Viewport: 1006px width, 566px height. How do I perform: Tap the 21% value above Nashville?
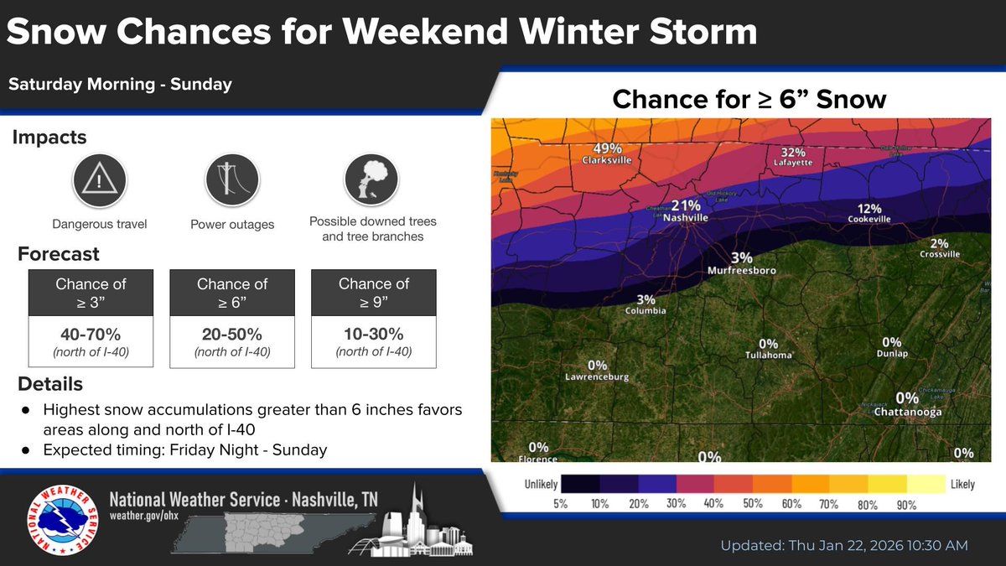coord(686,205)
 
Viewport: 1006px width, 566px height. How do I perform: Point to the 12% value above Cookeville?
coord(869,209)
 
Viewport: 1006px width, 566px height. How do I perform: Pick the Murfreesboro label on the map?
coord(741,271)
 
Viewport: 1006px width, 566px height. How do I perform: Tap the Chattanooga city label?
coord(907,412)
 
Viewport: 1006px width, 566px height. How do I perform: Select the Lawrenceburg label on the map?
coord(597,376)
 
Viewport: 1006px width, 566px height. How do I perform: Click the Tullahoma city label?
coord(768,356)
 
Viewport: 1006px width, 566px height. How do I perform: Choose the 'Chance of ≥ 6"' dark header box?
coord(232,293)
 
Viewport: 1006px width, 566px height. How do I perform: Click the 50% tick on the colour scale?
coord(752,504)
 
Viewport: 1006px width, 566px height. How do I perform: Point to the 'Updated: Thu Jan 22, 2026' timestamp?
coord(844,545)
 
